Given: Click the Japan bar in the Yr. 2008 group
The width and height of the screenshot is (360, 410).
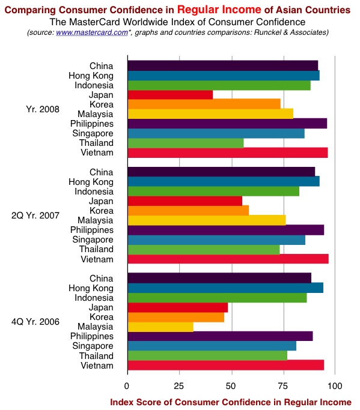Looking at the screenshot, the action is (170, 95).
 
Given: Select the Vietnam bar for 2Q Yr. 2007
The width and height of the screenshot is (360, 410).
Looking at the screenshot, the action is (228, 259).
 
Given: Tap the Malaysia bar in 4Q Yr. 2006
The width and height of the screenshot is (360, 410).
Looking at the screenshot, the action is (160, 327).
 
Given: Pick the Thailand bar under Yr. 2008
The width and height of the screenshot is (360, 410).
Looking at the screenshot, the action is (186, 143).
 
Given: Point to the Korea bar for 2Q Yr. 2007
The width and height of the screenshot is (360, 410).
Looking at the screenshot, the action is (188, 211).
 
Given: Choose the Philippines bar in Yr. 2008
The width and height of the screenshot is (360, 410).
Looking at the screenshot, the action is (227, 124).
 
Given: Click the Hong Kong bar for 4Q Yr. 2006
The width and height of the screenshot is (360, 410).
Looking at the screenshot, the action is (225, 288).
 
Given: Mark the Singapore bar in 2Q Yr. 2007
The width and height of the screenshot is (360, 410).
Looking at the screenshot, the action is (216, 240).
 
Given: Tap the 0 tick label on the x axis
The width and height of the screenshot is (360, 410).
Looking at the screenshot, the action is (127, 386).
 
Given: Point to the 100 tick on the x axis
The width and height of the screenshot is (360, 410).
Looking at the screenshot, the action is (335, 386).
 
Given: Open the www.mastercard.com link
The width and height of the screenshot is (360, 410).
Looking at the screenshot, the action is (92, 32).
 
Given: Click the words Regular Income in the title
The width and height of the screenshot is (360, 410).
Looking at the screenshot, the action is (219, 10).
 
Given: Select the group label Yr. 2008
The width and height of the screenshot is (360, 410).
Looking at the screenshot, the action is (43, 109).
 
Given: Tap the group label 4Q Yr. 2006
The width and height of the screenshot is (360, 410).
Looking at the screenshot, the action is (35, 322).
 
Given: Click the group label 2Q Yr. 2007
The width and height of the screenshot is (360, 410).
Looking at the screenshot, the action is (35, 216).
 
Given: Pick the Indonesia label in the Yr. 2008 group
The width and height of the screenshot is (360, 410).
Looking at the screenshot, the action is (94, 85).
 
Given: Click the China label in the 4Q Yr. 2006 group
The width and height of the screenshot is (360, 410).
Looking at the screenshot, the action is (102, 279).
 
